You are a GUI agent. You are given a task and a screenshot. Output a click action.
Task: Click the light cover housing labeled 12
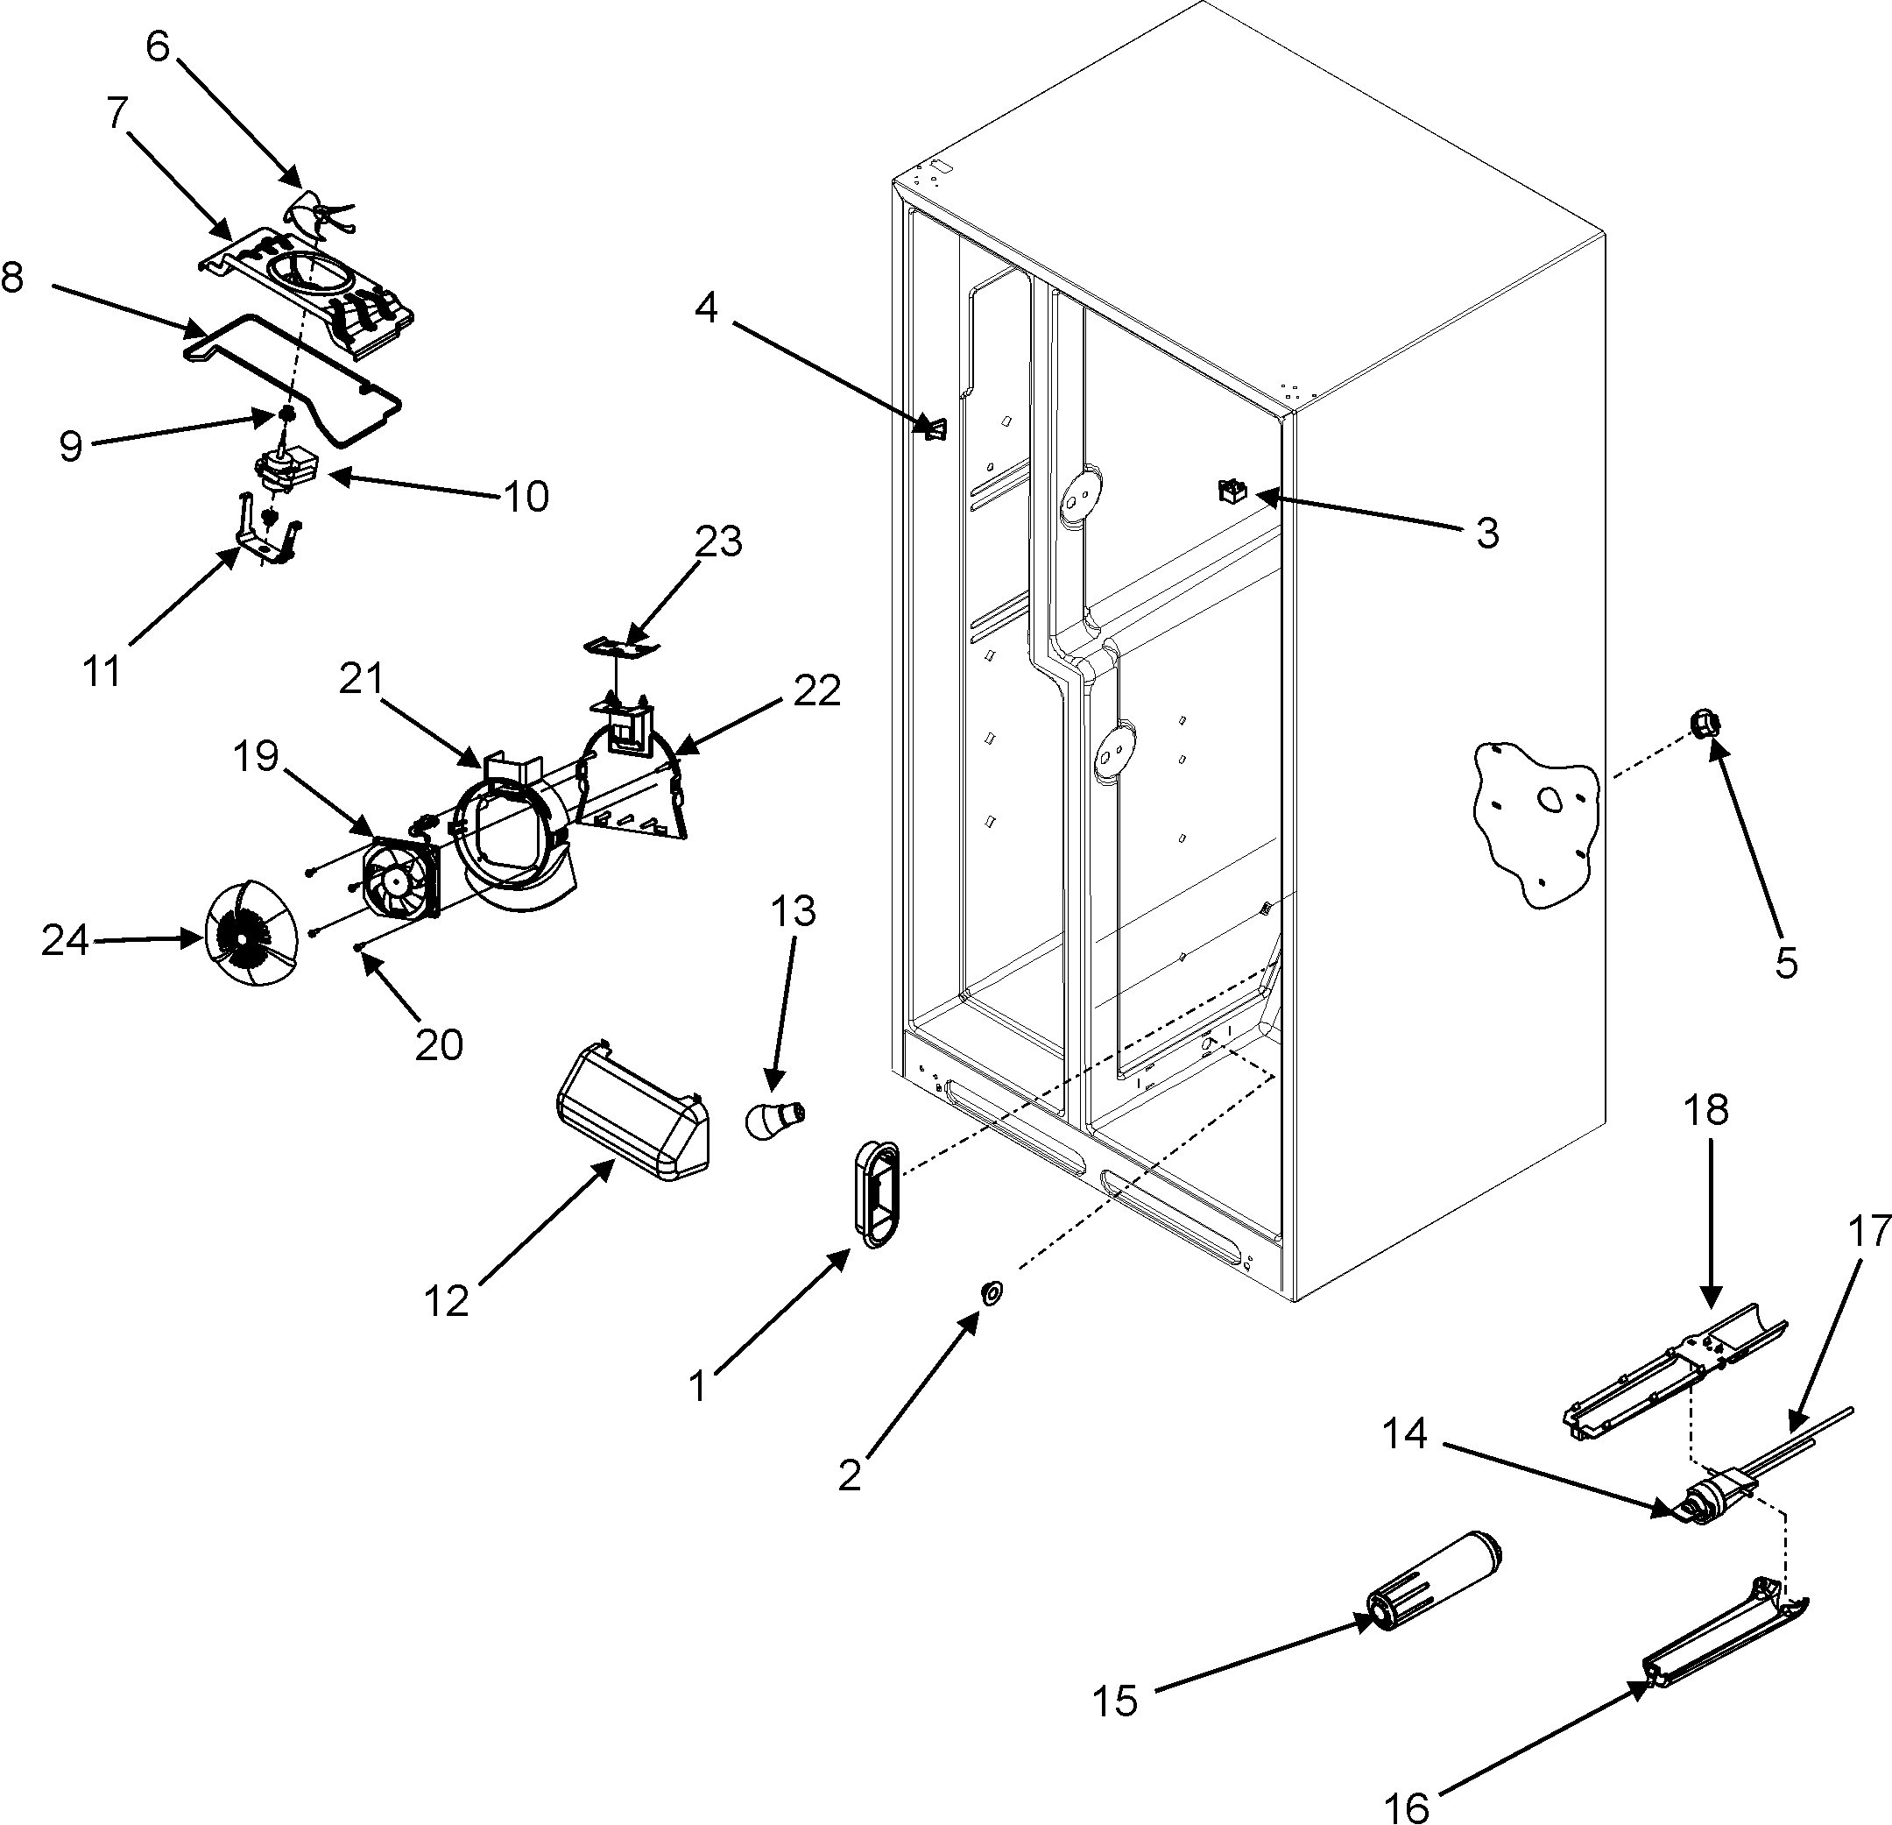tap(632, 1116)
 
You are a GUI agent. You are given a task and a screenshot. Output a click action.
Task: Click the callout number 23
tap(718, 541)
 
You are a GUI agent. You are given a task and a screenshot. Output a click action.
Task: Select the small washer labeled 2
tap(991, 1293)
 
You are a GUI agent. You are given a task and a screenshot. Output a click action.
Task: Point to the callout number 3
tap(1487, 532)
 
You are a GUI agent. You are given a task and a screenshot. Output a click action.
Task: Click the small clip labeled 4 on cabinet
tap(935, 427)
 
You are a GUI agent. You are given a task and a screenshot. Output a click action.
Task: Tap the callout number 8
tap(11, 277)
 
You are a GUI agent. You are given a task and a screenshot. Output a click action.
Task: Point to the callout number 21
tap(362, 679)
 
